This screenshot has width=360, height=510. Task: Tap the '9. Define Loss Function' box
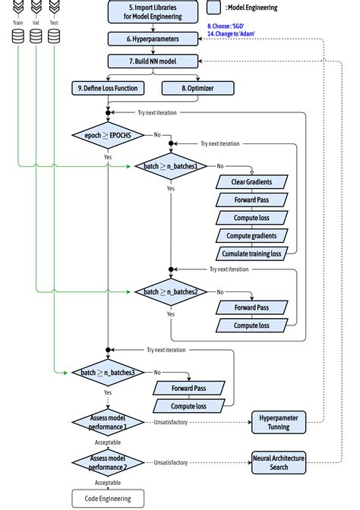(x=108, y=88)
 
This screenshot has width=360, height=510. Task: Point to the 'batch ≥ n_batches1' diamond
(x=171, y=165)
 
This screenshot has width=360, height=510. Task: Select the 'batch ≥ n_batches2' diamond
(x=171, y=291)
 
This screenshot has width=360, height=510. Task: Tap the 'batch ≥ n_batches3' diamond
(x=109, y=373)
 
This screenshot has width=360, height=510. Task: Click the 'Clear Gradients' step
(x=251, y=182)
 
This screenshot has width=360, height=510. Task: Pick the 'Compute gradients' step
(x=251, y=235)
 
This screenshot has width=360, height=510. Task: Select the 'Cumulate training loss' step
(x=251, y=253)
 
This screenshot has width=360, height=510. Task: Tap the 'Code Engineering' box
(x=108, y=498)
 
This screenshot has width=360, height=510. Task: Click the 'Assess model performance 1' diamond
(x=108, y=422)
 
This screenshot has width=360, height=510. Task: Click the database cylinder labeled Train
(x=17, y=36)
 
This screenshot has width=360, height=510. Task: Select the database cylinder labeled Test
(x=54, y=36)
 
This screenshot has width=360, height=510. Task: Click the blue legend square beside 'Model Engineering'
(x=214, y=8)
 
